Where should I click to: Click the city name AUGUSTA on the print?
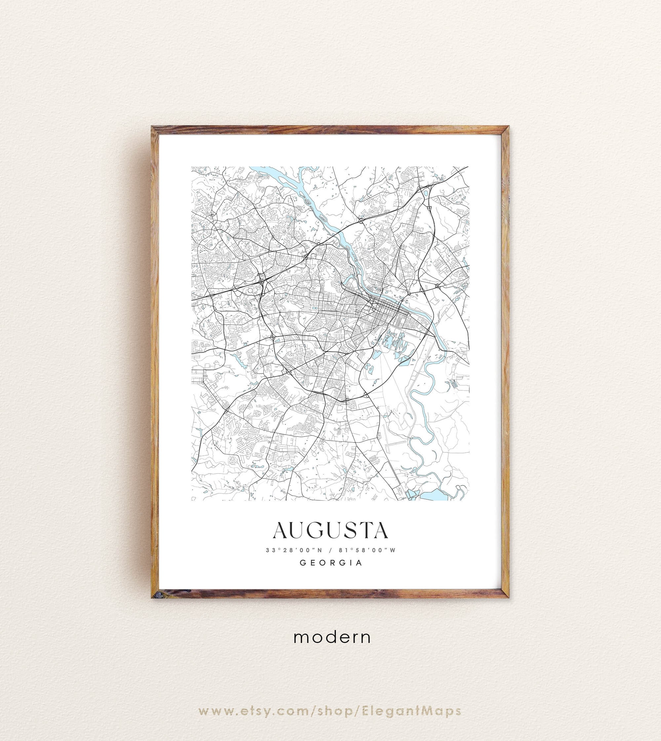[x=330, y=531]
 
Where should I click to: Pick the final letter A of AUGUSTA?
[x=380, y=531]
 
